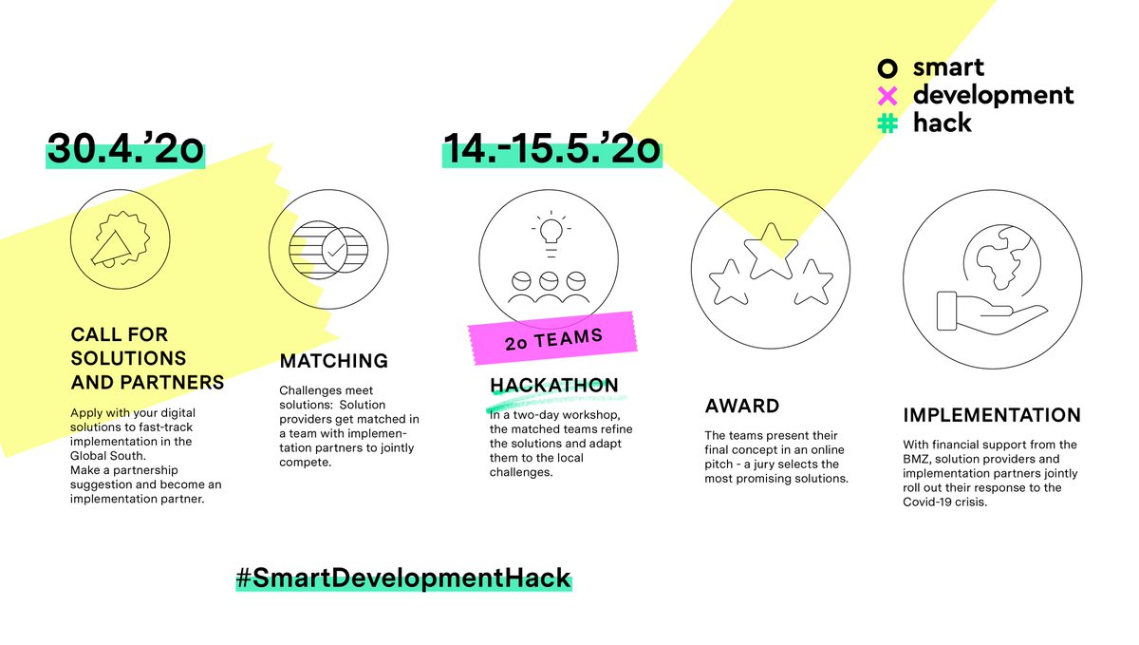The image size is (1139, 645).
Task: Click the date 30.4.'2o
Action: coord(126,150)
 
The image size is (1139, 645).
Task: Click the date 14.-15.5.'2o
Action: coord(551,150)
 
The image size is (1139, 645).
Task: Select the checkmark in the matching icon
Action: coord(334,250)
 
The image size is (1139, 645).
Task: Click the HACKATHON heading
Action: coord(553,385)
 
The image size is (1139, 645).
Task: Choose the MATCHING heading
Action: coord(333,361)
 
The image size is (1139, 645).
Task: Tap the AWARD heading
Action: coord(741,406)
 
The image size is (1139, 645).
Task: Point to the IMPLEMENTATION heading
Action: coord(991,415)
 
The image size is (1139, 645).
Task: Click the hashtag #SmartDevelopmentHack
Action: coord(403,577)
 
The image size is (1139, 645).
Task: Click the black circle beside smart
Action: coord(887,68)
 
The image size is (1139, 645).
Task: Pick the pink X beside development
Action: coord(887,96)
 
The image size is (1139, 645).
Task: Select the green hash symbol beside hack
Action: coord(887,123)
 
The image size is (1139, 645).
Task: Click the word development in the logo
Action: coord(993,96)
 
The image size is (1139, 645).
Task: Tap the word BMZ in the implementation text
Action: coord(919,459)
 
